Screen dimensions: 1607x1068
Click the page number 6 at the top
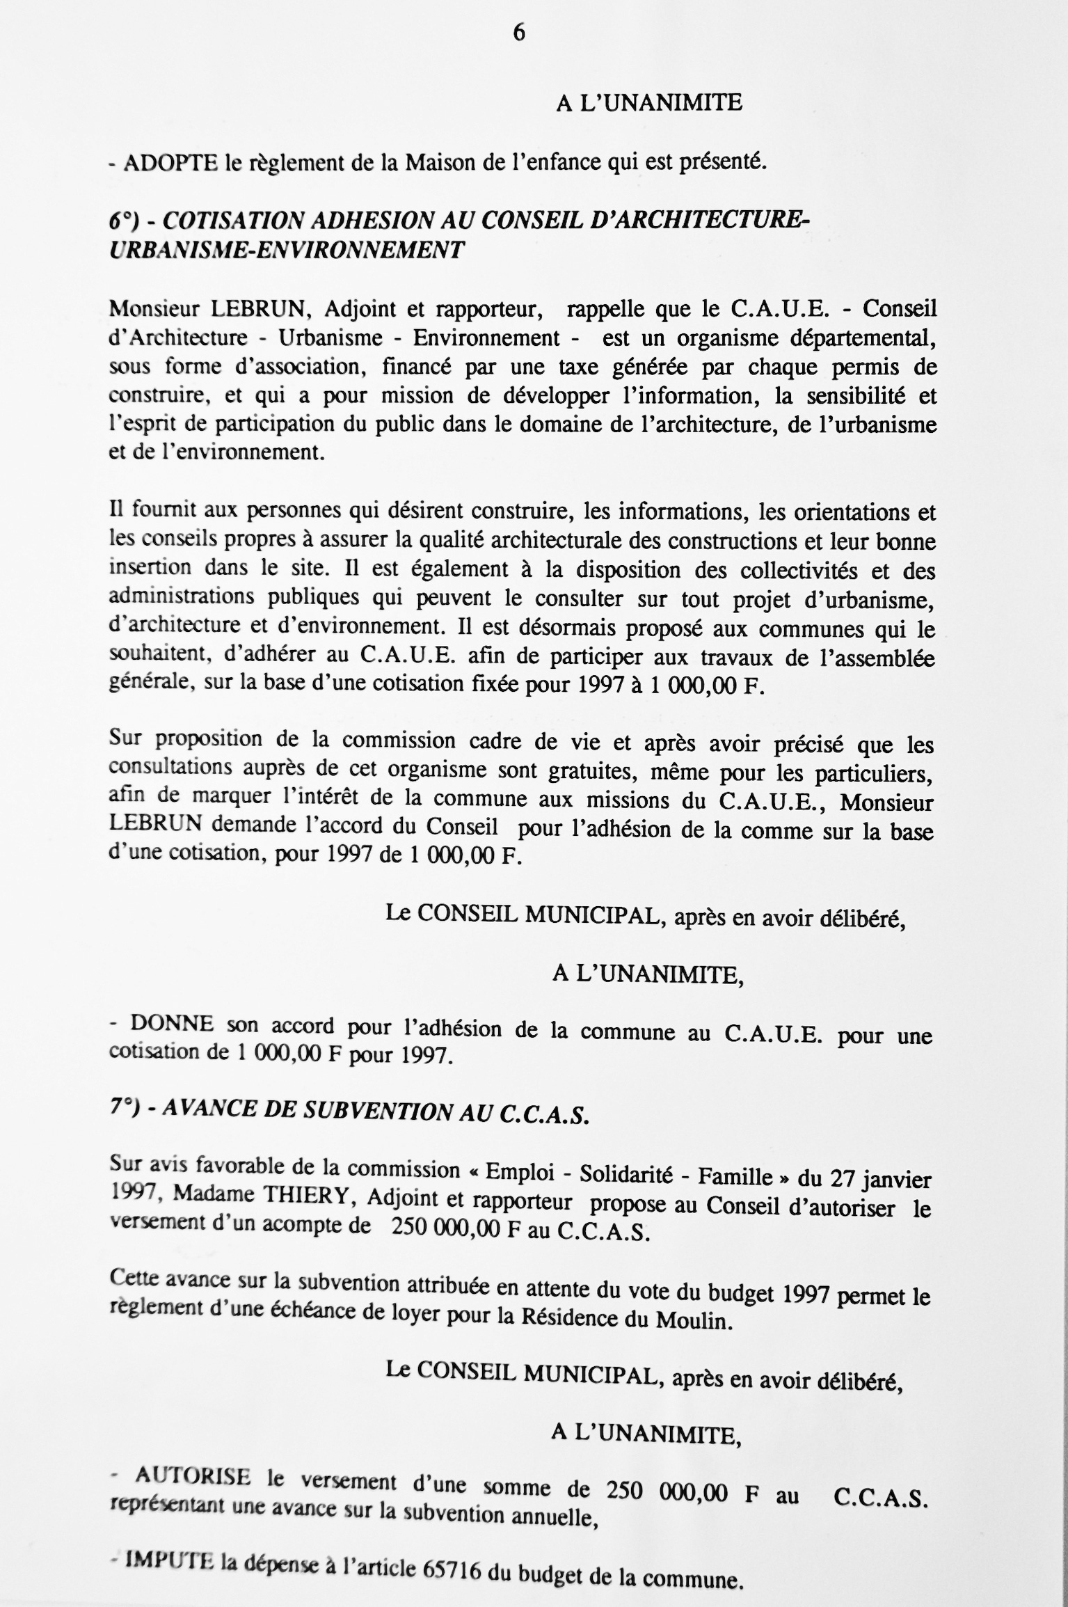518,33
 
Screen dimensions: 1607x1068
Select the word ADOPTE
170,164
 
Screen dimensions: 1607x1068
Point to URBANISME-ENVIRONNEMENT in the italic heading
286,249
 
